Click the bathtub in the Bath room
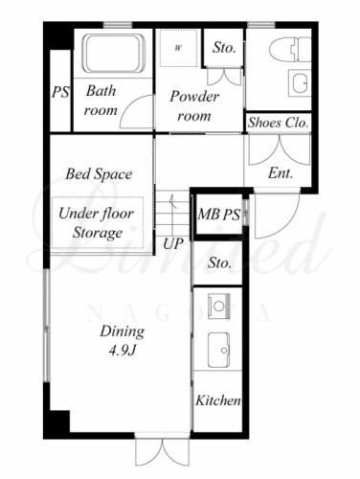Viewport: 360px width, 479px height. point(114,54)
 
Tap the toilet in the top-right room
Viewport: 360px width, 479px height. point(290,50)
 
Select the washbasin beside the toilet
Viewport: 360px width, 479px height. point(300,83)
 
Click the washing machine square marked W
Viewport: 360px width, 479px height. point(178,48)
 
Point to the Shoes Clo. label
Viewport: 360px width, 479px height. point(279,123)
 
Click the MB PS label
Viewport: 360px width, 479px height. point(218,214)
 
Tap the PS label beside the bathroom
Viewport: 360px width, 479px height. point(60,93)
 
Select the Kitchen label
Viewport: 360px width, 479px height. point(218,400)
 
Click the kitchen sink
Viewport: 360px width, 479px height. point(219,350)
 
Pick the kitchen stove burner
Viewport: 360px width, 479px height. point(219,307)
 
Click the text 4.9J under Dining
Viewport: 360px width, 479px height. point(123,352)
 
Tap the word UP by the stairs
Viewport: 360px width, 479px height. point(173,244)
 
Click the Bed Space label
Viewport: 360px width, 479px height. point(99,174)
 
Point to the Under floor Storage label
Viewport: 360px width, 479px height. point(97,223)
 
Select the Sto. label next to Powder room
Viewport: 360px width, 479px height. point(224,48)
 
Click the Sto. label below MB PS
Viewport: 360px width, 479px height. point(219,263)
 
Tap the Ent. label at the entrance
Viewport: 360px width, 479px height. point(281,173)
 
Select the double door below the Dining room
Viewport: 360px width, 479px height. point(163,452)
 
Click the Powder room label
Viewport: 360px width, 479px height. point(194,106)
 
